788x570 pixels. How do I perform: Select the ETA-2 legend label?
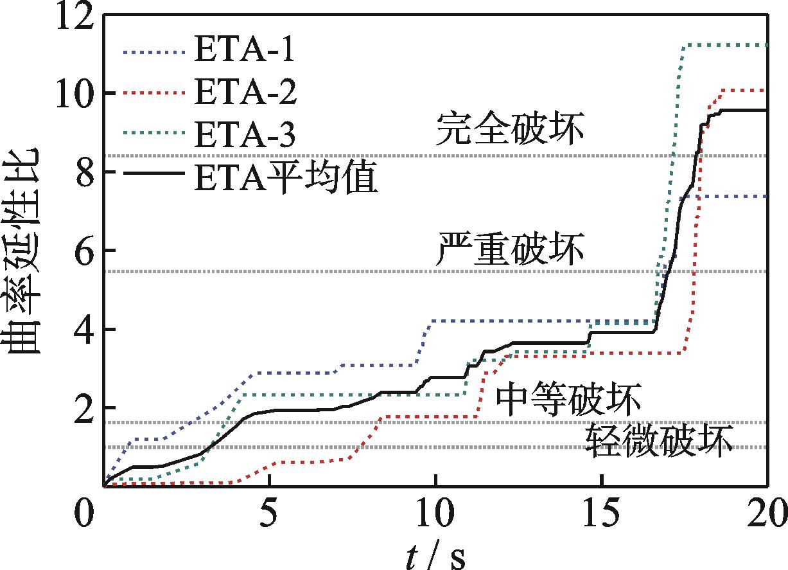[245, 94]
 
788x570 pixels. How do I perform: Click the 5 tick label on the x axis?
[270, 515]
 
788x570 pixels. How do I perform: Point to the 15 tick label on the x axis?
[602, 515]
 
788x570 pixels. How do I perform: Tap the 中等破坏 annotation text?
[568, 400]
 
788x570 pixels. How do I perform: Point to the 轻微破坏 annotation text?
[659, 442]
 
